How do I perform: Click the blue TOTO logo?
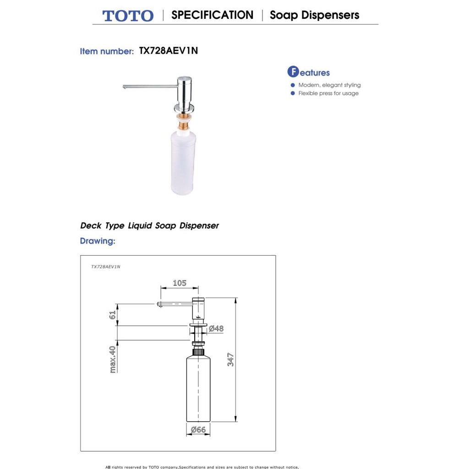click(128, 16)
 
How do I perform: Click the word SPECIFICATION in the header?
click(212, 15)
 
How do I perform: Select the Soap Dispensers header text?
click(314, 15)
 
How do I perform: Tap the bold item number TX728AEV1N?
click(168, 51)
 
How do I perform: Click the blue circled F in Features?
click(293, 72)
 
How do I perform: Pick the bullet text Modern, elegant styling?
click(329, 85)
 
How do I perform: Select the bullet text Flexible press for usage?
click(328, 93)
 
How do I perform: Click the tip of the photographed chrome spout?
click(125, 87)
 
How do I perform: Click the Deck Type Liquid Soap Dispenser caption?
click(149, 226)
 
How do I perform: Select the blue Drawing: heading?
click(98, 241)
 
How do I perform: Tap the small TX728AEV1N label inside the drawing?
click(105, 266)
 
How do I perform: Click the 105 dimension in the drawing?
click(180, 283)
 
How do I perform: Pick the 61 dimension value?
click(113, 315)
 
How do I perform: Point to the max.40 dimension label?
click(113, 359)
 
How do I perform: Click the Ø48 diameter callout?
click(216, 328)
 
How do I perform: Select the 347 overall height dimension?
click(231, 359)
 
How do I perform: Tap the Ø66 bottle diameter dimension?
click(198, 430)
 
